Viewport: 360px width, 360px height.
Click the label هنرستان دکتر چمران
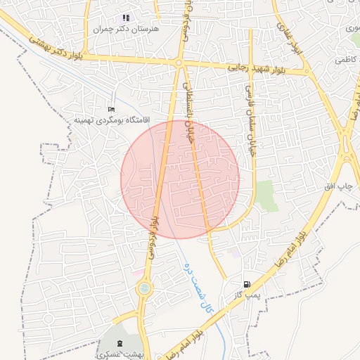point(127,30)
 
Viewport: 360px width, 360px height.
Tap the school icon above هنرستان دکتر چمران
point(126,18)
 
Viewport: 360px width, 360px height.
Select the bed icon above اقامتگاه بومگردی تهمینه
point(110,110)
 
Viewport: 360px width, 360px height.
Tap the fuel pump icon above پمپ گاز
point(247,283)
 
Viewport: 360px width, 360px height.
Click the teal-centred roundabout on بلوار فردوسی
point(144,287)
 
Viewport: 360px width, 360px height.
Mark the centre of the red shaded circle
point(180,179)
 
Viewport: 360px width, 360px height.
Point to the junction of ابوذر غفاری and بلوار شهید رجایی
point(307,71)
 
